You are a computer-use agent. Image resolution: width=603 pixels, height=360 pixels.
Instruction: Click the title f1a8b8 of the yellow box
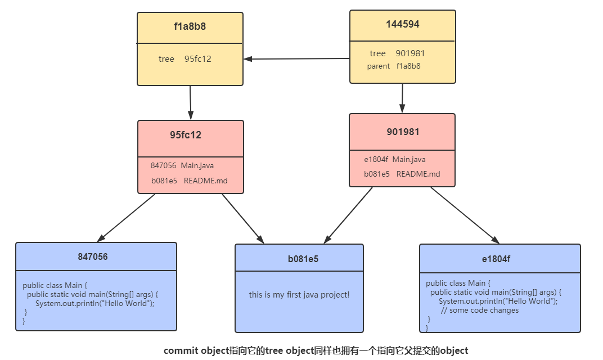click(190, 26)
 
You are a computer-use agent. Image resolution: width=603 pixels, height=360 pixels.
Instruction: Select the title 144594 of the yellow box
click(402, 24)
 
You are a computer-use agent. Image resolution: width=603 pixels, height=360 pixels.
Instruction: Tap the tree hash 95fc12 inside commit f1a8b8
click(198, 59)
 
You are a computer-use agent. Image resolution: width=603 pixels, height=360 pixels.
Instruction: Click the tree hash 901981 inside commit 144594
click(410, 53)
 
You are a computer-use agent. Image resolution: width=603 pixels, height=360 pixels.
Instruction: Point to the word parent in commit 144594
click(378, 66)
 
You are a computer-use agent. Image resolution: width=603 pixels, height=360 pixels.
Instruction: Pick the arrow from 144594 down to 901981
click(402, 98)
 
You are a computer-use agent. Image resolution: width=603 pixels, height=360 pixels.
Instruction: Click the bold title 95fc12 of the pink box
click(186, 135)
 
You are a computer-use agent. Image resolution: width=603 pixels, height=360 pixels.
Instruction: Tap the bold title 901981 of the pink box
click(403, 132)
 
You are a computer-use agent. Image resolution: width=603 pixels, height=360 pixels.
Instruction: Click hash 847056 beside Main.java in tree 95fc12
click(163, 166)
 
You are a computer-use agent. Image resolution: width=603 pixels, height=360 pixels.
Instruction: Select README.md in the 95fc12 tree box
click(205, 181)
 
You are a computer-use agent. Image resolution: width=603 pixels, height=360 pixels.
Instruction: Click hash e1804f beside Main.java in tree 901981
click(376, 160)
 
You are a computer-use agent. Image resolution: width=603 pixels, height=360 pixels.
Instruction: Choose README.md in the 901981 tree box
click(418, 174)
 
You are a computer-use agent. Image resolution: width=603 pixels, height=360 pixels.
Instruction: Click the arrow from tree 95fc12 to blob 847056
click(122, 217)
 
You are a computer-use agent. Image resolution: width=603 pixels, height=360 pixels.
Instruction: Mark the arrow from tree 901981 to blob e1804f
click(465, 214)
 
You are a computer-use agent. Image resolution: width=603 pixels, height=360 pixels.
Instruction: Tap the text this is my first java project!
click(299, 295)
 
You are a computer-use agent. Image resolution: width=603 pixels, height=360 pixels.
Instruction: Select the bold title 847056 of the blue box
click(93, 257)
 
